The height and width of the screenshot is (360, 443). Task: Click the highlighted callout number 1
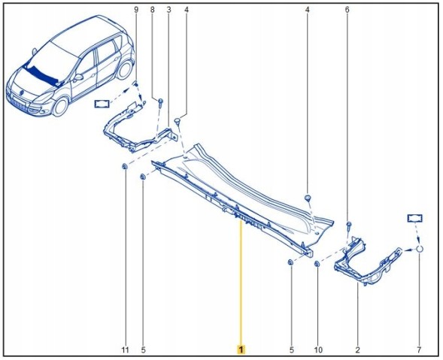241,349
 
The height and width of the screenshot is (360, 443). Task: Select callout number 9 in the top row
136,10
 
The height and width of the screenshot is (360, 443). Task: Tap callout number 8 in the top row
153,10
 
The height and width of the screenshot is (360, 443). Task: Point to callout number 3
169,10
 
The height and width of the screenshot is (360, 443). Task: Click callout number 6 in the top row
347,10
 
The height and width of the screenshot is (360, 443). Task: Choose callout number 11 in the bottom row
126,350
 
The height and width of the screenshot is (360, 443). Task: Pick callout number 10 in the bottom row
318,350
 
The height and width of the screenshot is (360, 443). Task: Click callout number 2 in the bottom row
358,350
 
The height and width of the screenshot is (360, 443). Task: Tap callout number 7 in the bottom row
419,350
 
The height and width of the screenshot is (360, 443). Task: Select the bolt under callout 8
160,102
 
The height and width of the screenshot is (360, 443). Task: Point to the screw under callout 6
349,225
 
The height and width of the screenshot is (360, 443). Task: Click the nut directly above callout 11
125,167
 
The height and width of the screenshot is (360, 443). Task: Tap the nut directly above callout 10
317,264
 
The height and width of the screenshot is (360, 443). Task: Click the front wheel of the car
60,107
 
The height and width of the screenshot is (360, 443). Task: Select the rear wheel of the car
124,70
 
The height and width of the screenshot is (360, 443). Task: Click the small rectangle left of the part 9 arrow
102,104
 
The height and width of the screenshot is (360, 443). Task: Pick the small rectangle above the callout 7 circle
414,218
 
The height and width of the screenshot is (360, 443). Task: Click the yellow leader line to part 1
241,283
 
